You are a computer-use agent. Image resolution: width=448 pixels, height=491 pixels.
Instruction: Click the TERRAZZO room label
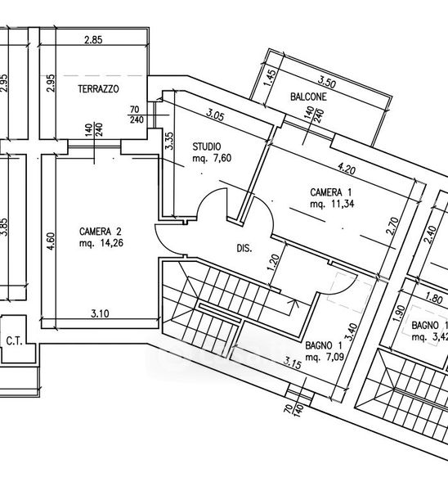98,89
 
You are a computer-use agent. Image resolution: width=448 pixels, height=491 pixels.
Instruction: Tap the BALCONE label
308,97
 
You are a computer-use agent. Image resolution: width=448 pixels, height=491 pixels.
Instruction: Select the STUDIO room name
207,146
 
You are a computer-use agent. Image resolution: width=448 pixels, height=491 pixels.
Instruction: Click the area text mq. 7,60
212,158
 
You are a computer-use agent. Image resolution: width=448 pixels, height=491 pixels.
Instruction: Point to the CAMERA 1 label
330,192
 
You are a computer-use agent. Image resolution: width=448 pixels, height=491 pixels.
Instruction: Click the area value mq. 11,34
332,204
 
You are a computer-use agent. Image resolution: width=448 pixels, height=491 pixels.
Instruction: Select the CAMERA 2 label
100,232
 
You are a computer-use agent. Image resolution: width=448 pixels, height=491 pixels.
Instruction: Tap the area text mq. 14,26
101,243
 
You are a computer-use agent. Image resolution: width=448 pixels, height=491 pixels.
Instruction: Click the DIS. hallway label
244,249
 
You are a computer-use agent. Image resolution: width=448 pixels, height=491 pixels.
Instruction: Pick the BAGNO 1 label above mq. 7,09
324,345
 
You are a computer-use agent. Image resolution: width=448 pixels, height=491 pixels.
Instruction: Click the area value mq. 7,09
325,357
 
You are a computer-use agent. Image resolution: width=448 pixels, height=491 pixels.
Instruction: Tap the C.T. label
14,341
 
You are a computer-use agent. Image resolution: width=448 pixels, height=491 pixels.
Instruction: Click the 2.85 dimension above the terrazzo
93,40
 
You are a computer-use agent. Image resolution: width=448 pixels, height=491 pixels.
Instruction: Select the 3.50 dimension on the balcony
327,83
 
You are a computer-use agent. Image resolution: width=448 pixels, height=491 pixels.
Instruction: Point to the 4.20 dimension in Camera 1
347,169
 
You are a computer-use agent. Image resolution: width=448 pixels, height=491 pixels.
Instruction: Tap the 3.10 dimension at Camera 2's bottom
100,313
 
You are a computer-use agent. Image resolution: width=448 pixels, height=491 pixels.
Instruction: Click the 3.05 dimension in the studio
215,115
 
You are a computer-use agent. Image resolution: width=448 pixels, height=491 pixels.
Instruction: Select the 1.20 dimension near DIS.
273,263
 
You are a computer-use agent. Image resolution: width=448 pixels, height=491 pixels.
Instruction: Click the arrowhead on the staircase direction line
293,302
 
